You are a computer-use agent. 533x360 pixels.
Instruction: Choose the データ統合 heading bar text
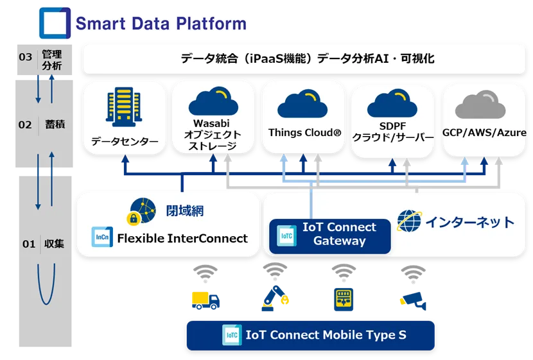(308, 59)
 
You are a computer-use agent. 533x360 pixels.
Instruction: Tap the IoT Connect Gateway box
(330, 235)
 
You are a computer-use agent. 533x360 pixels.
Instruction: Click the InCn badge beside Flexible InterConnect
(102, 238)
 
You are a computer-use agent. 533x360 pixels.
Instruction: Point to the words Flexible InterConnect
(182, 239)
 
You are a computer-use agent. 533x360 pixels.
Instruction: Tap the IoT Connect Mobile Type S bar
(310, 335)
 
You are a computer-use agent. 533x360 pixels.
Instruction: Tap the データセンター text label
(125, 141)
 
